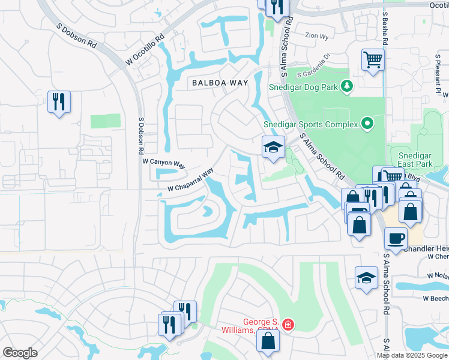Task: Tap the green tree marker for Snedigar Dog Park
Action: pyautogui.click(x=346, y=88)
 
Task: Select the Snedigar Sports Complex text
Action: pyautogui.click(x=311, y=125)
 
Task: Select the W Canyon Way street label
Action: pyautogui.click(x=164, y=162)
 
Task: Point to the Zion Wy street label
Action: pyautogui.click(x=317, y=36)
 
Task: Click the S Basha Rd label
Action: pyautogui.click(x=385, y=32)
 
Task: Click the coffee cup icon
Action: pyautogui.click(x=396, y=238)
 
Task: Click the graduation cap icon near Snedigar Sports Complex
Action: pyautogui.click(x=273, y=146)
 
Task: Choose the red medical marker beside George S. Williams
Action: pyautogui.click(x=288, y=325)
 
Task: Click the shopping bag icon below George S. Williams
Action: pyautogui.click(x=268, y=341)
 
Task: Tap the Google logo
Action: pyautogui.click(x=20, y=353)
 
